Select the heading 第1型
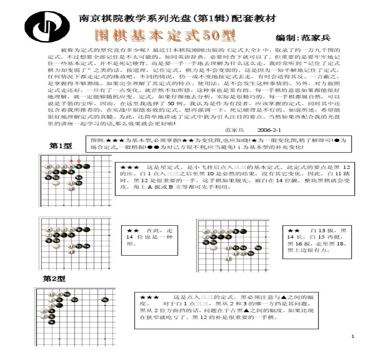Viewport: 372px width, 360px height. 60,146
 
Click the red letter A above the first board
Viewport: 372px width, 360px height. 71,161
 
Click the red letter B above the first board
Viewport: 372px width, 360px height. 79,161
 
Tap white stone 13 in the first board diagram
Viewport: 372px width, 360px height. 71,188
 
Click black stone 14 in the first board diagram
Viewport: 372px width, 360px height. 79,177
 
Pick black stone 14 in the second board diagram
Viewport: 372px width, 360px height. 86,246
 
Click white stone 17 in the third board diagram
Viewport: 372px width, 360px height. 228,259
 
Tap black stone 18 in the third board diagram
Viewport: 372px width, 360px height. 258,248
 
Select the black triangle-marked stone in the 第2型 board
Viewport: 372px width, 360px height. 105,300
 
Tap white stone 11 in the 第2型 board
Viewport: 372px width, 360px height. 52,294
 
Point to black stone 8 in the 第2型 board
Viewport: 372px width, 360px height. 52,322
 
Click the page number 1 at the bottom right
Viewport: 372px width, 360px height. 353,337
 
